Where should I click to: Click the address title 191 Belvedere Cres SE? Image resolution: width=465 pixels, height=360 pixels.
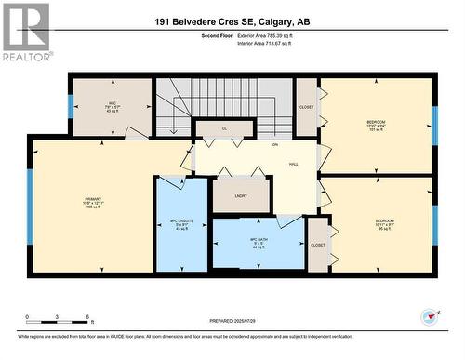point(232,20)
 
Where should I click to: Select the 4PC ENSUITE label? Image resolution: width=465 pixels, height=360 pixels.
point(180,224)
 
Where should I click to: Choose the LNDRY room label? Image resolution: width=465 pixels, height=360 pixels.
point(241,196)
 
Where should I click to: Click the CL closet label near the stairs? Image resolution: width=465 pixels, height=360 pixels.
point(224,128)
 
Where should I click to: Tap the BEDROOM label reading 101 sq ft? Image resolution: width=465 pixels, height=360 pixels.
point(376,124)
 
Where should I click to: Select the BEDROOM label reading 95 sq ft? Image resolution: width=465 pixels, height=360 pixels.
point(376,224)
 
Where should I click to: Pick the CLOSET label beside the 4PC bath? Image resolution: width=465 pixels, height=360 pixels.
point(318,245)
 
